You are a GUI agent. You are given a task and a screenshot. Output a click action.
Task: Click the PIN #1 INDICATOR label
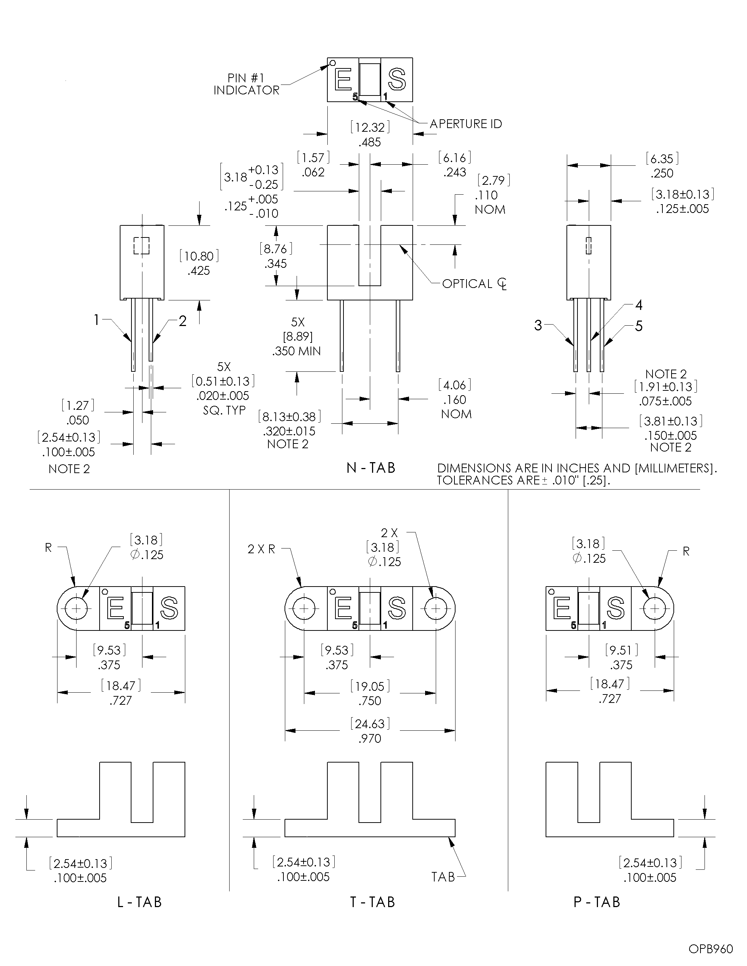point(246,84)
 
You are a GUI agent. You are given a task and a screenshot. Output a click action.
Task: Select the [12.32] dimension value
point(370,127)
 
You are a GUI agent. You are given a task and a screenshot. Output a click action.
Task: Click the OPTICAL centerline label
point(474,284)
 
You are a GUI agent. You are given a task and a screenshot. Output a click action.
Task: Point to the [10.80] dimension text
point(199,256)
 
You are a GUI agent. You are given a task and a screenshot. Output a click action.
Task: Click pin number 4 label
point(639,305)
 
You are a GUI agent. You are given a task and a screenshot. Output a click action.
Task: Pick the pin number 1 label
point(96,319)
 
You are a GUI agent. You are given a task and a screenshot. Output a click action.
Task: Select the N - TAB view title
point(371,468)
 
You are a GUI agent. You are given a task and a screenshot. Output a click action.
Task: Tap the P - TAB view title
point(597,902)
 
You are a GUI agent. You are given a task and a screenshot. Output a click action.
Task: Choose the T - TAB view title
point(372,902)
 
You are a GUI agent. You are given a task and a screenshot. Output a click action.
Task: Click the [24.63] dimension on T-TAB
point(370,724)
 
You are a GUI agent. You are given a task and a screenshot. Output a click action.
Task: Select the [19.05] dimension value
point(370,686)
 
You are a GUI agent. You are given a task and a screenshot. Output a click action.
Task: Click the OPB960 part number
point(710,949)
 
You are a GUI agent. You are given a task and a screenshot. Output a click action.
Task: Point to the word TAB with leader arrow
point(443,877)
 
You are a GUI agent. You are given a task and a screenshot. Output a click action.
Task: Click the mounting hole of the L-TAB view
point(77,609)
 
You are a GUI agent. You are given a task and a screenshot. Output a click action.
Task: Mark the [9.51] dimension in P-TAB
point(621,650)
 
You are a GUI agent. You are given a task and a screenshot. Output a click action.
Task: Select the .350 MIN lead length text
point(297,351)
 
